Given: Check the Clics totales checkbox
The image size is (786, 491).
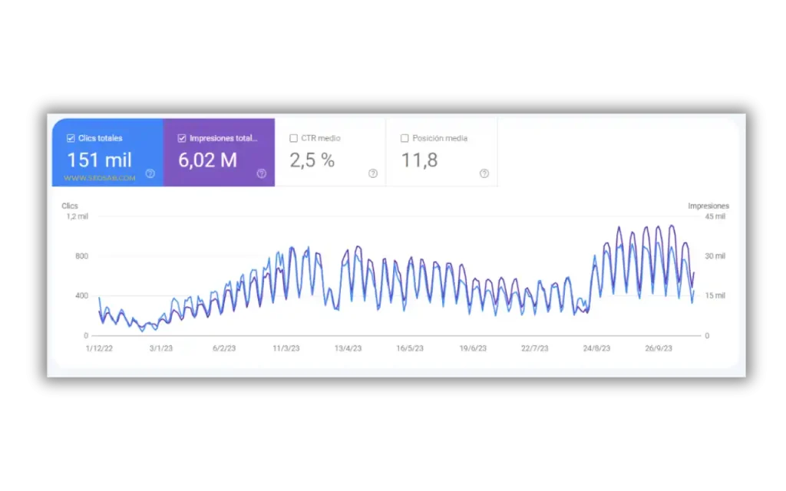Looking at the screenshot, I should point(71,139).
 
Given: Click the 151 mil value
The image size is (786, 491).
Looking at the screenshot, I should point(99,160).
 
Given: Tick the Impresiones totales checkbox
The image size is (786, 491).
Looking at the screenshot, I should point(182,139).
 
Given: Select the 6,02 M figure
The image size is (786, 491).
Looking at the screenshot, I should point(207,160).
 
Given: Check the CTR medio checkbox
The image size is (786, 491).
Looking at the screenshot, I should point(293,139).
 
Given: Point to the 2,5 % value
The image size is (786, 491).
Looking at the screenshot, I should point(312,160).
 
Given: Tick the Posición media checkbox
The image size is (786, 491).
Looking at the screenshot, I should point(405,139).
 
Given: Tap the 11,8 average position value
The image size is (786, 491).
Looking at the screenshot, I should point(420,160).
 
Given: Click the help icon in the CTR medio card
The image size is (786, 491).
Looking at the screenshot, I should point(373,173).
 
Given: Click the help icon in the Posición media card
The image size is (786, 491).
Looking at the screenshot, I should point(484,173).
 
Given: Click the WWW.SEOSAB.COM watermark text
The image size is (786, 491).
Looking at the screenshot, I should point(100,178).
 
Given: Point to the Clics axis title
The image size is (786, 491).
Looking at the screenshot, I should point(70,206).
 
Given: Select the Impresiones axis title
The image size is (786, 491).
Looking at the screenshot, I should point(708,206).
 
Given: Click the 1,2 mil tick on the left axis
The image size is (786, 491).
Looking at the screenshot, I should point(77,216).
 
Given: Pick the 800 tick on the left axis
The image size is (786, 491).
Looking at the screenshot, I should point(81,256).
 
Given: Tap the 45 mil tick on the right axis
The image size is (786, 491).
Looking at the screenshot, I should point(715,216).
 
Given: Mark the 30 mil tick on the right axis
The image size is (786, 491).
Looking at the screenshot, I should point(715,256).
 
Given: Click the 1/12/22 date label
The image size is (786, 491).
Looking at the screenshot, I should point(100,348).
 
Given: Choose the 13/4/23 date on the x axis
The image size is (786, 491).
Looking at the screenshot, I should point(348,348).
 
